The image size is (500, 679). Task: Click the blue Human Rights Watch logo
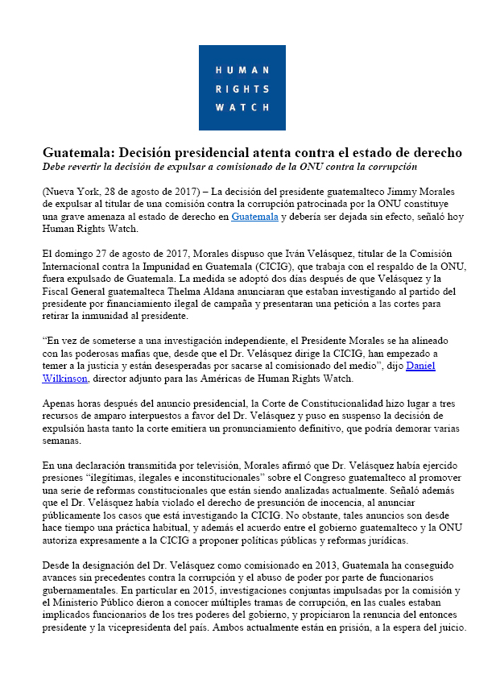point(242,87)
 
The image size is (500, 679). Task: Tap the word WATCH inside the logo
point(242,106)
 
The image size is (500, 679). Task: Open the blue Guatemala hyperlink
point(254,217)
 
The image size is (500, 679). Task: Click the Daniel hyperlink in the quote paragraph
point(421,366)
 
